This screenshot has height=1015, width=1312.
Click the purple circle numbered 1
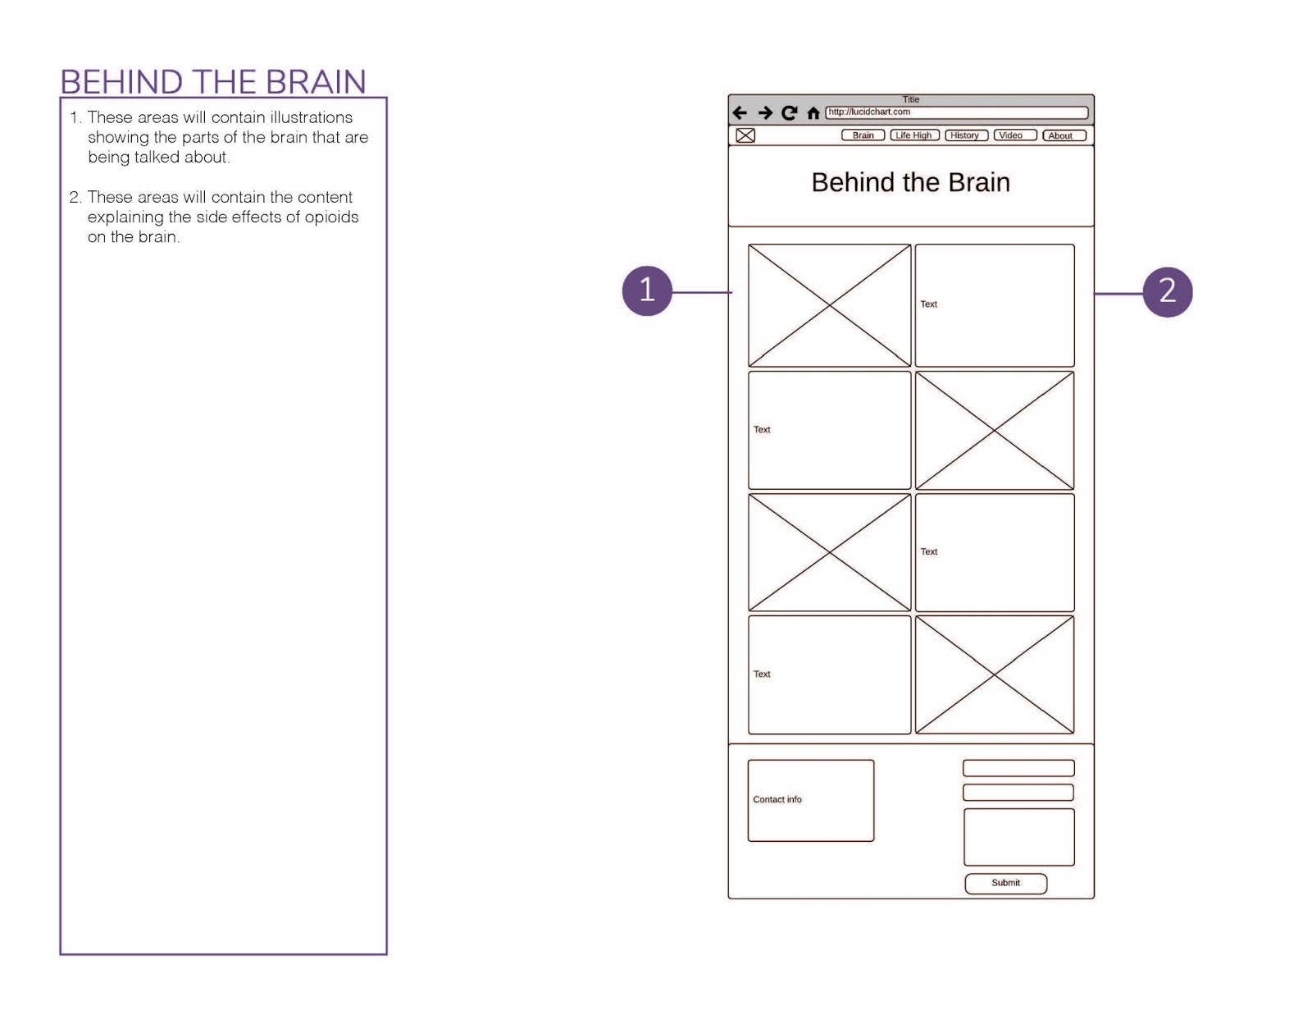(646, 290)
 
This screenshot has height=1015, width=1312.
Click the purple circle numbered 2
(1167, 291)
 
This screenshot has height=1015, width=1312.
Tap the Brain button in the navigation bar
(863, 135)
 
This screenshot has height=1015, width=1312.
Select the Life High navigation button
(913, 135)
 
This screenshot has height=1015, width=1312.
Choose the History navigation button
(965, 135)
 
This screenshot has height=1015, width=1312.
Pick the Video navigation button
(1014, 135)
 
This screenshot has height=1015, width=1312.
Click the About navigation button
(1064, 135)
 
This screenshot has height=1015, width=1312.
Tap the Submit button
(1005, 883)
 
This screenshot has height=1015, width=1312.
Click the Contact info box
(810, 800)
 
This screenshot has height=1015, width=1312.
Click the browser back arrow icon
(740, 112)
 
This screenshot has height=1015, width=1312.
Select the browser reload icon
(789, 112)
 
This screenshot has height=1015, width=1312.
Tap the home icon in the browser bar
(813, 113)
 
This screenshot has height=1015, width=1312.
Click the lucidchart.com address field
(955, 112)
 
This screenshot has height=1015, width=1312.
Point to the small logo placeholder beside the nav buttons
(745, 135)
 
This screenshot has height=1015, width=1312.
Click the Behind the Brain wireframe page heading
(910, 182)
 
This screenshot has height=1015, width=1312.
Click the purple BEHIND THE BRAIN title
(213, 82)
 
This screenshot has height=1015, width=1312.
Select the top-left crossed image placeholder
(829, 305)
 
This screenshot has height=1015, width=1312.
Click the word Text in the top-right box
(928, 304)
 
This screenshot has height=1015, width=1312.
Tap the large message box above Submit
(1018, 837)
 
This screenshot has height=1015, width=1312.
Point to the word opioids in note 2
(331, 217)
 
